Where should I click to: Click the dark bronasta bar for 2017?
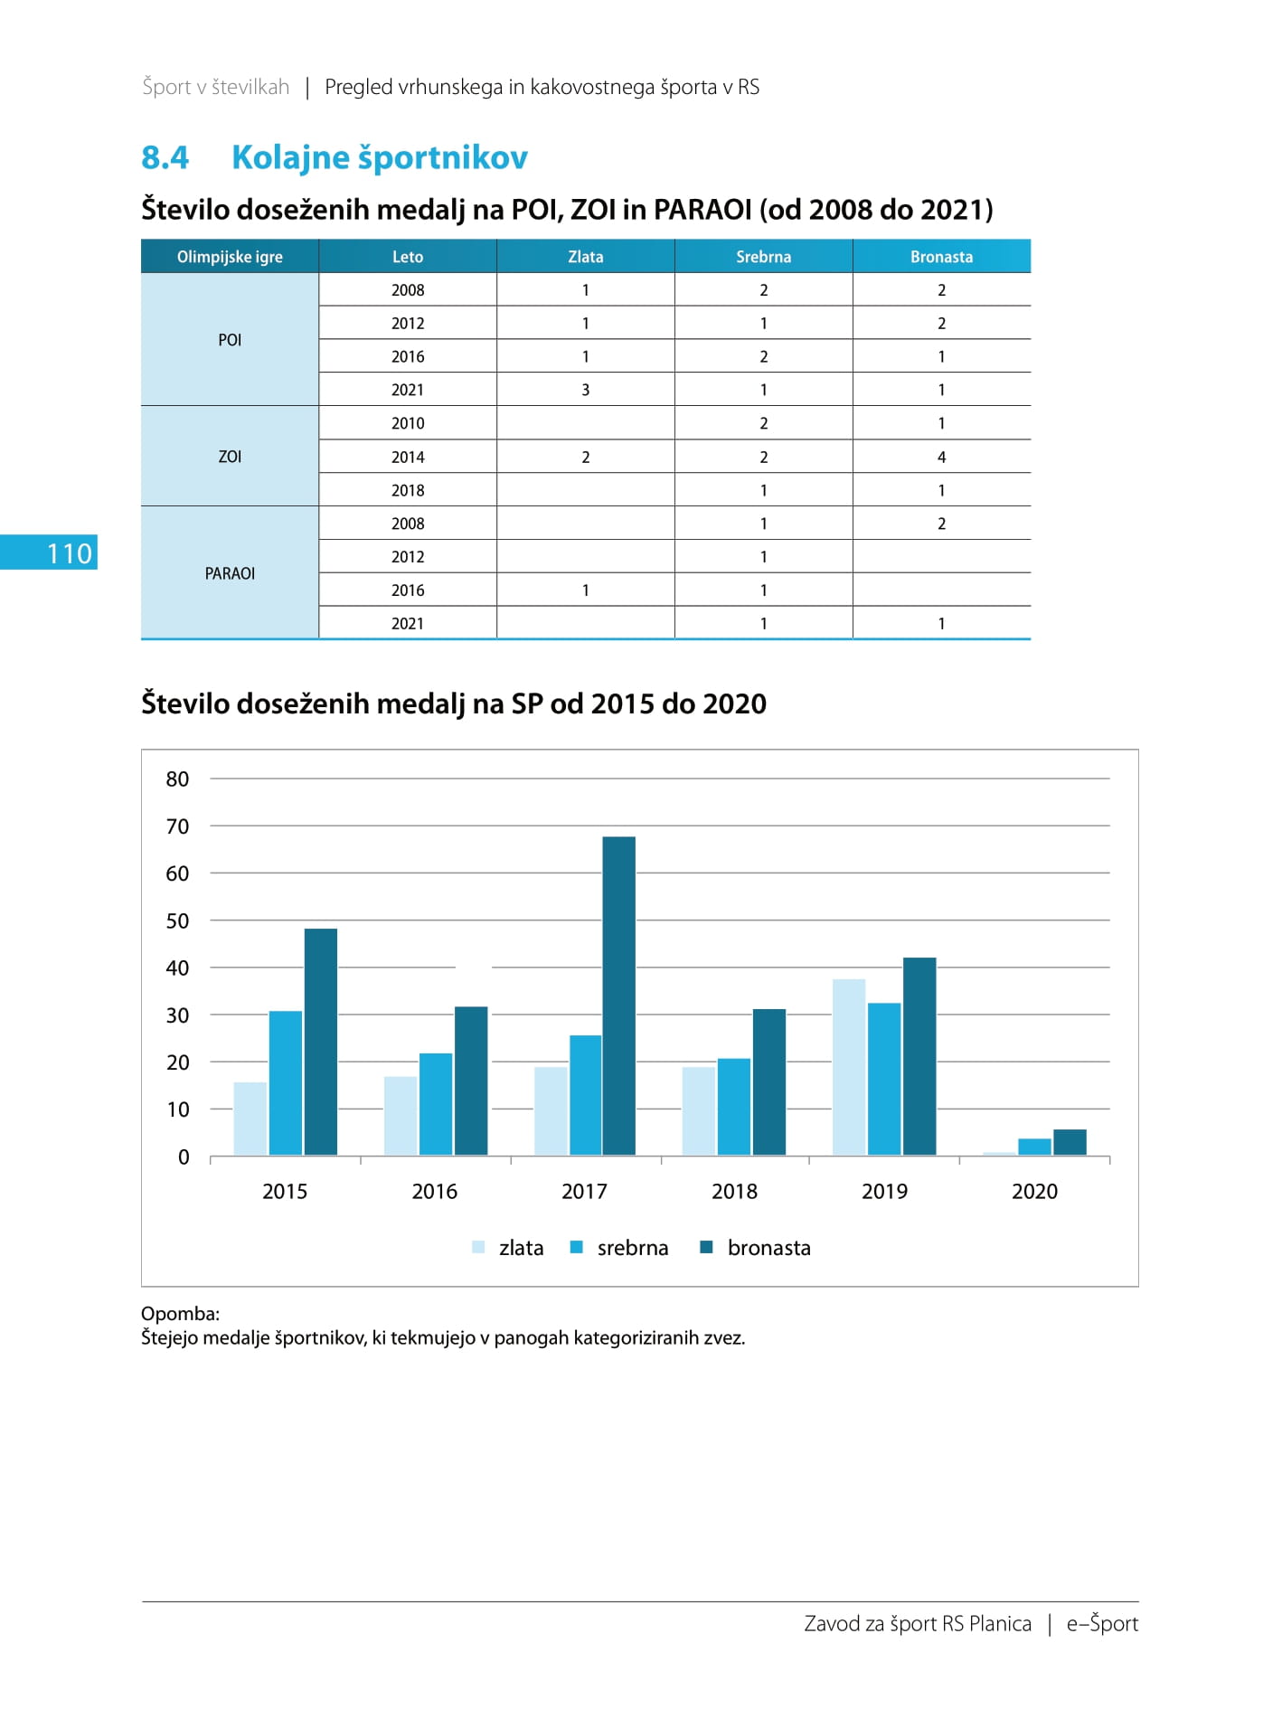coord(618,996)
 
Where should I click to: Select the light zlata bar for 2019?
coord(849,1067)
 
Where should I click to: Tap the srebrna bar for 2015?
coord(286,1083)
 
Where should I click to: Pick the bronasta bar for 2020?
coord(1070,1142)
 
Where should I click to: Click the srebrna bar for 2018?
coord(734,1107)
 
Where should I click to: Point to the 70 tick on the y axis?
coord(177,826)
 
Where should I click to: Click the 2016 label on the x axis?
coord(435,1192)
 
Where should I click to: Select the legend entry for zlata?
coord(508,1248)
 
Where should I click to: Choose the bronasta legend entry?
coord(756,1248)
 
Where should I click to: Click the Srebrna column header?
coord(763,257)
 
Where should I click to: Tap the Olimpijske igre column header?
coord(230,257)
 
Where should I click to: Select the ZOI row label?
coord(230,457)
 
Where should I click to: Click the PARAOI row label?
coord(230,573)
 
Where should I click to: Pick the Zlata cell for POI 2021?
coord(586,390)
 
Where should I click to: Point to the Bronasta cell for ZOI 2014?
coord(941,457)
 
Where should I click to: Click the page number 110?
coord(70,553)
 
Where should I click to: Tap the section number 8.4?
coord(165,157)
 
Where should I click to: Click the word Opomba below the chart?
coord(180,1314)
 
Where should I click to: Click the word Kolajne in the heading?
coord(291,158)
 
